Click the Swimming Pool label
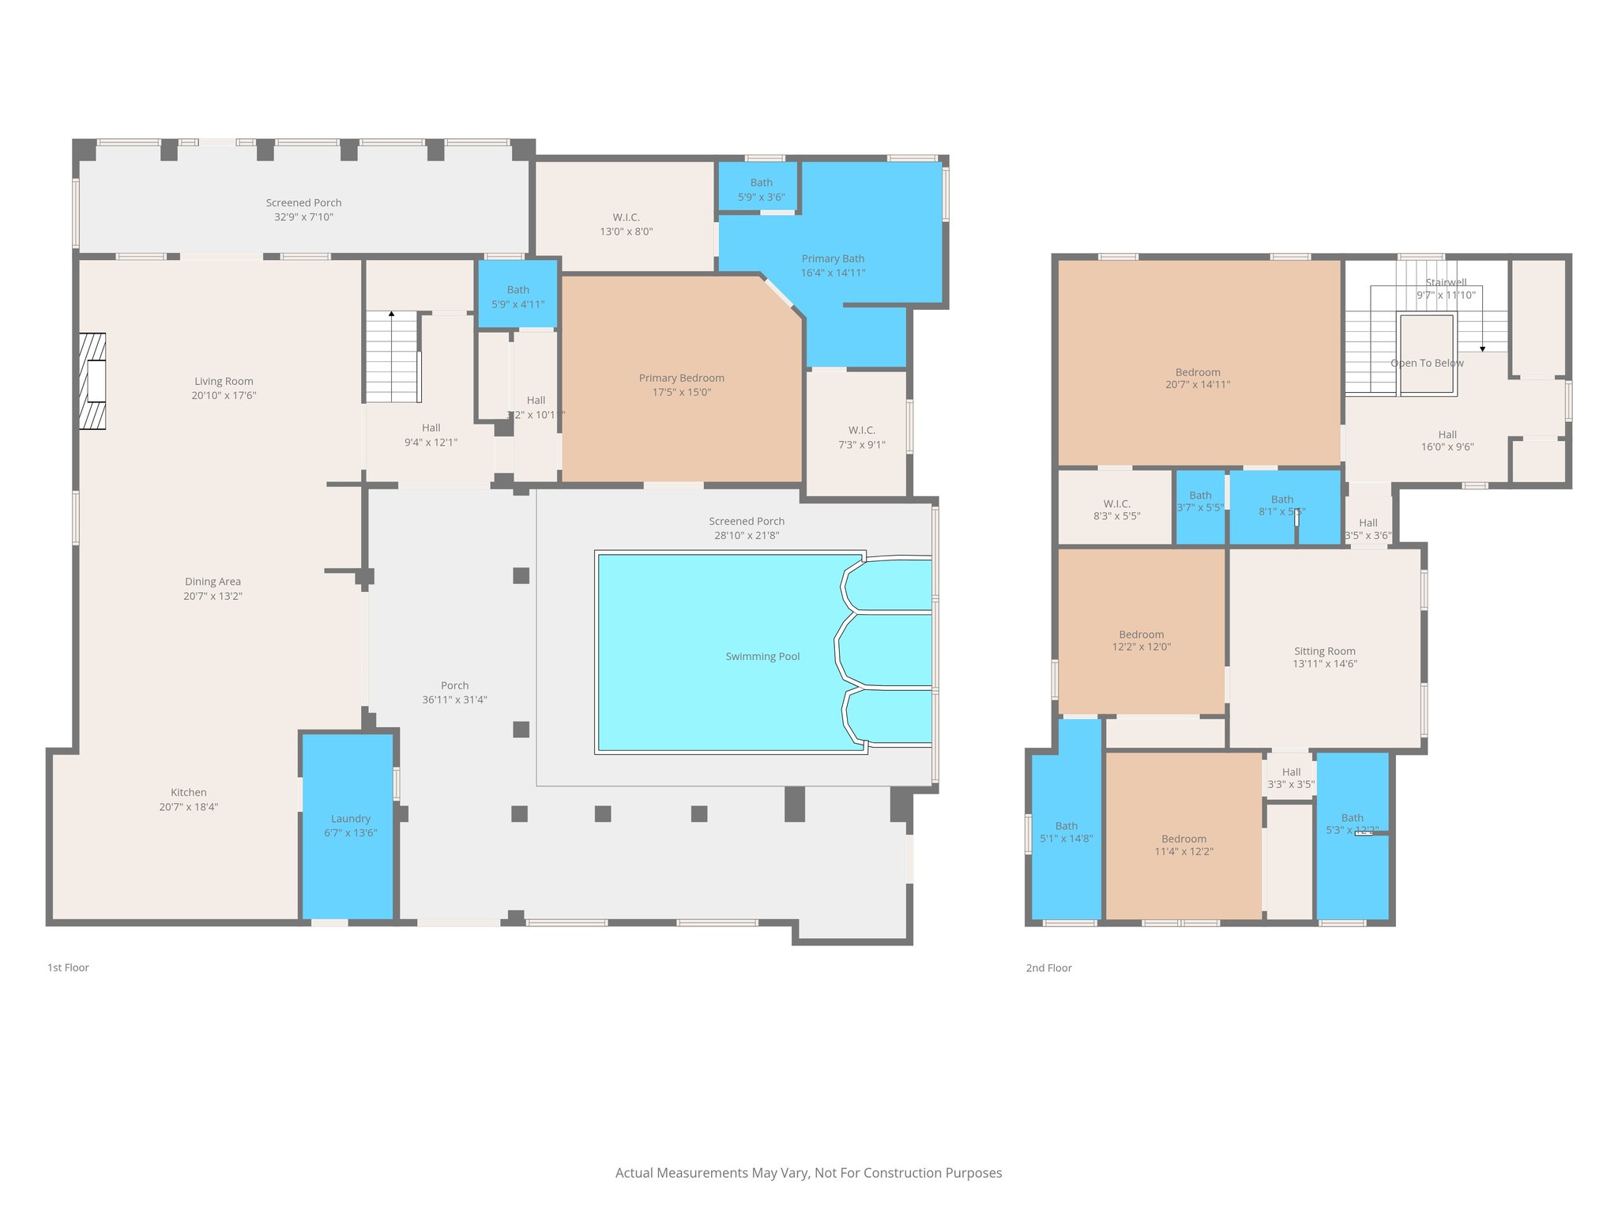762,657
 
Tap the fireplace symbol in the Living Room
92,382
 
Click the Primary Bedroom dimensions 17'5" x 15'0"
681,392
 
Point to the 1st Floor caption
68,967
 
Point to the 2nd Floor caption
1048,968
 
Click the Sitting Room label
1324,651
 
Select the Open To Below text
1427,364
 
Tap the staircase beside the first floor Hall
391,357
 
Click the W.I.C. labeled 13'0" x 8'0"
626,224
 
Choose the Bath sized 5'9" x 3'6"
761,190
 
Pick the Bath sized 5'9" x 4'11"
517,297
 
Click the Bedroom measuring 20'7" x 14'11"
1198,379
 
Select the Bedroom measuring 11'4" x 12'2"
1183,845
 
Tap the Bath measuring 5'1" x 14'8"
1066,832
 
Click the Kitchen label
188,793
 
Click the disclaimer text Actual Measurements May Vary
808,1173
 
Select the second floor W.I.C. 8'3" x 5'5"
1116,510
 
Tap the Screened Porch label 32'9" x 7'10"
303,210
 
